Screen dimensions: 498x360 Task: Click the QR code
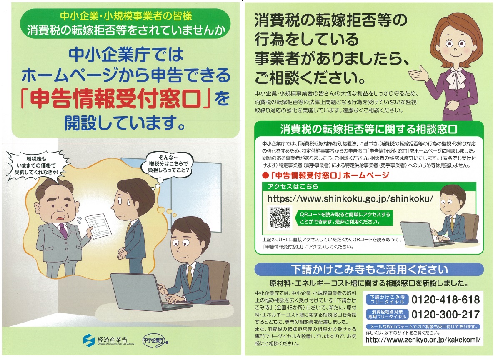pyautogui.click(x=280, y=218)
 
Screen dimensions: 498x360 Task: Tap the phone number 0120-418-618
pyautogui.click(x=445, y=299)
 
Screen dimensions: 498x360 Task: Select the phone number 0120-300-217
pyautogui.click(x=445, y=314)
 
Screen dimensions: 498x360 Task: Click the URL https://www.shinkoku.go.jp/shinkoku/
pyautogui.click(x=350, y=199)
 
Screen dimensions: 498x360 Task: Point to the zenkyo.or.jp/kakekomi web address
pyautogui.click(x=423, y=340)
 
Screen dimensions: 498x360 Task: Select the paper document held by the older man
pyautogui.click(x=98, y=226)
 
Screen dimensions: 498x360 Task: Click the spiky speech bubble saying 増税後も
pyautogui.click(x=37, y=166)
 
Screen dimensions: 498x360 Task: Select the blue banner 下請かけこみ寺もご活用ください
pyautogui.click(x=369, y=270)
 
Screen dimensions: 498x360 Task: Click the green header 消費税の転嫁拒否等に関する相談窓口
pyautogui.click(x=369, y=129)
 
